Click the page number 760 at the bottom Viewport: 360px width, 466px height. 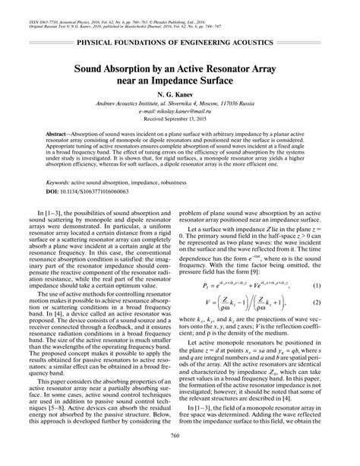[180, 457]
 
